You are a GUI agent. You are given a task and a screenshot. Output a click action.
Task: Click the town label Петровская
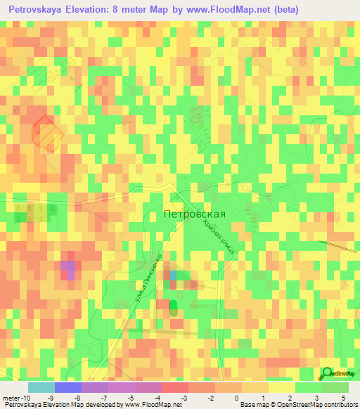click(194, 214)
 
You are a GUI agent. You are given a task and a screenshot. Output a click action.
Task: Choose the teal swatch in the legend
click(41, 387)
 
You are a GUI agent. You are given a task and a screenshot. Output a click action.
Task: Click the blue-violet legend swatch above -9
click(68, 387)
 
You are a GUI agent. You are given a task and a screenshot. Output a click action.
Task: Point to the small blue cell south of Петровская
click(173, 276)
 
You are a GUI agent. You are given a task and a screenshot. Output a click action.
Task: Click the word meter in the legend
click(9, 397)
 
